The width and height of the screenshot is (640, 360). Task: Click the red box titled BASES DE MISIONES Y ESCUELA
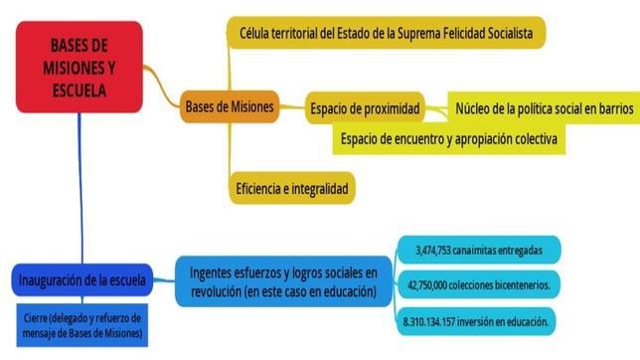[x=79, y=67]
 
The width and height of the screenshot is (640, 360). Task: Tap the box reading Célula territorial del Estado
[x=386, y=33]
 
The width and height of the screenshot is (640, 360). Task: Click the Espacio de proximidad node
[x=365, y=107]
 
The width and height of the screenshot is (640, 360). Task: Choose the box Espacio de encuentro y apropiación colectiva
[x=447, y=138]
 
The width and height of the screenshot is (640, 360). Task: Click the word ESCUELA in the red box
[x=79, y=89]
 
